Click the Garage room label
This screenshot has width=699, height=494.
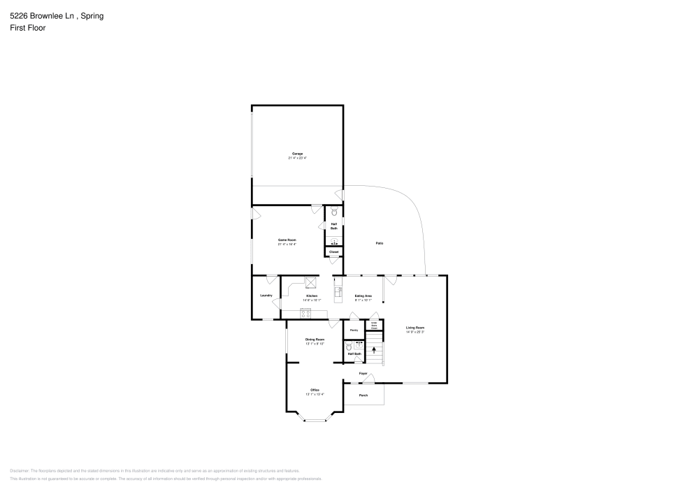pos(297,154)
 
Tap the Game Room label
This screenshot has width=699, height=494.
pos(287,240)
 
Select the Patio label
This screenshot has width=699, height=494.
pos(380,243)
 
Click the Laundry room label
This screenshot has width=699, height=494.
pos(266,296)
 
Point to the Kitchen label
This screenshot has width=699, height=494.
pos(312,296)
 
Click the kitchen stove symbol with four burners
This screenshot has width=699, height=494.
pos(305,312)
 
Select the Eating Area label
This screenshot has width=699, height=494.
pos(363,296)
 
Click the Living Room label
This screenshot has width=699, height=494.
pos(415,328)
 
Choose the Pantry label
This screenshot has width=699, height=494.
pos(354,330)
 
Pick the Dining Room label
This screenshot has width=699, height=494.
pos(315,340)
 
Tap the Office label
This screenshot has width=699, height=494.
pos(315,390)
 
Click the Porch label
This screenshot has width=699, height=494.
pos(363,395)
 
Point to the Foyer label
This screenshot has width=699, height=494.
pos(363,374)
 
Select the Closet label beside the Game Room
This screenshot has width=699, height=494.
pos(333,252)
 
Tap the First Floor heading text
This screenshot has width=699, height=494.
pos(28,28)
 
